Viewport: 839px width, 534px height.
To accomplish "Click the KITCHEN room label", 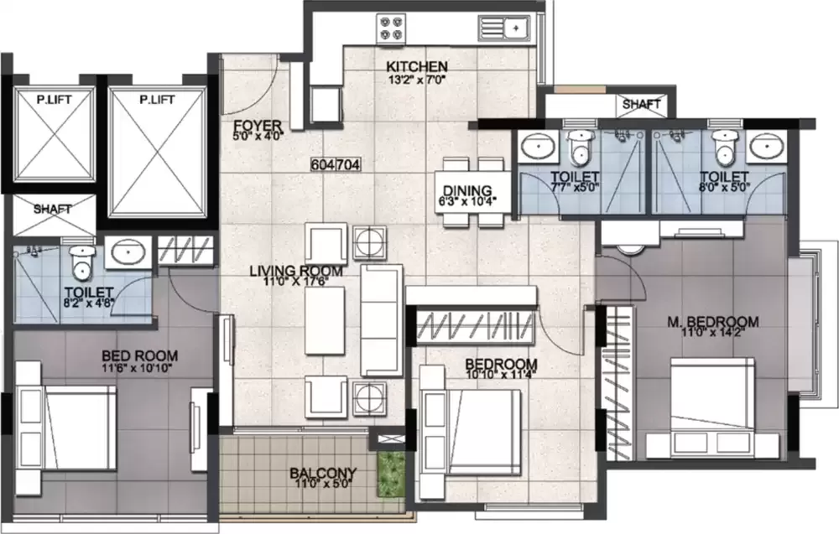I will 417,66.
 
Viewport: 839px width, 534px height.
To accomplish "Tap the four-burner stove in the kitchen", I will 390,27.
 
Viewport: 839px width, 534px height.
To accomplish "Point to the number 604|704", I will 335,165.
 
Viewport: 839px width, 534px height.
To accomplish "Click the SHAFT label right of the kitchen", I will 641,105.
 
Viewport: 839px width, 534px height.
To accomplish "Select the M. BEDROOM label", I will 713,321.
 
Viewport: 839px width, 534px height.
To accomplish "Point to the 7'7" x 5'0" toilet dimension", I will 575,188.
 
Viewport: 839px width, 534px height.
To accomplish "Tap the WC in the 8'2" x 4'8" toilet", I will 81,262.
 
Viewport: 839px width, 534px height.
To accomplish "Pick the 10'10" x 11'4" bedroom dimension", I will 501,375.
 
